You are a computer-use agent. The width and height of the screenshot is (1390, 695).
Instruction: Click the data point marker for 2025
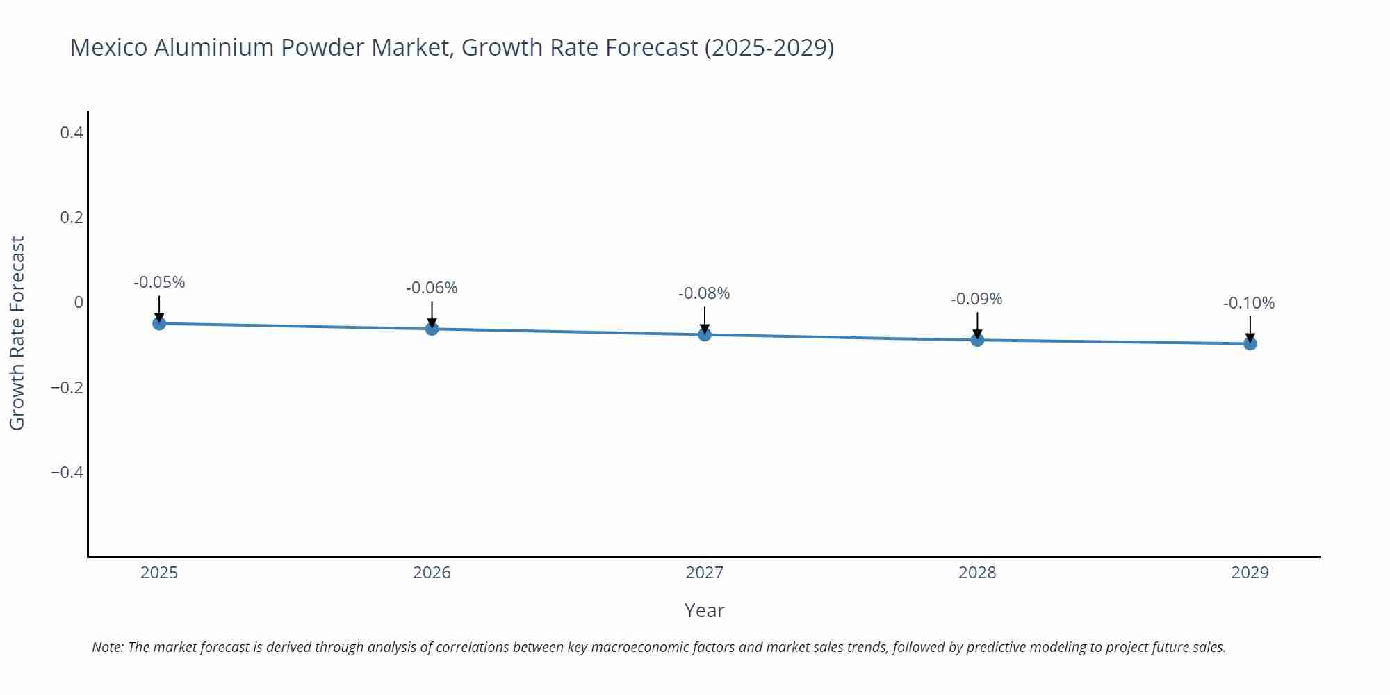point(159,323)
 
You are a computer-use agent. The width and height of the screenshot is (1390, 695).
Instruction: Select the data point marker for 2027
point(705,334)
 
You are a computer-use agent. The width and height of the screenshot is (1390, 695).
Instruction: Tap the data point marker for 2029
point(1250,343)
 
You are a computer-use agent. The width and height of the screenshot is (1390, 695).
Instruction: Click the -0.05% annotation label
point(159,282)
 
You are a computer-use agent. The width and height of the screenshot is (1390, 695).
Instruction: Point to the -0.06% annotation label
point(432,288)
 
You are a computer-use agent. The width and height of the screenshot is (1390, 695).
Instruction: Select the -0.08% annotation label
point(704,293)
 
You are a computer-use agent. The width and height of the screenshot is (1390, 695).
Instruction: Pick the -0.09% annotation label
point(976,299)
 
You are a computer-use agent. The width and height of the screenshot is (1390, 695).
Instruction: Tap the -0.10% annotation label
point(1249,303)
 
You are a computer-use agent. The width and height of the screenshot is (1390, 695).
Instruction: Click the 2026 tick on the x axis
point(432,573)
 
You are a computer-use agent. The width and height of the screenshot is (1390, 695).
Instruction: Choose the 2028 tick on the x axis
point(977,573)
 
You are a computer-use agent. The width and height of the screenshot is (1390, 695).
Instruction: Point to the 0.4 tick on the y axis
point(72,132)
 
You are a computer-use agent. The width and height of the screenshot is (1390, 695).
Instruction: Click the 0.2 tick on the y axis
point(72,218)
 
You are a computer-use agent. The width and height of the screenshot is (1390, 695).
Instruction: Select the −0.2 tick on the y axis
point(67,388)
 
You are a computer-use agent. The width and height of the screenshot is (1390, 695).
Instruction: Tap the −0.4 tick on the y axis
point(67,473)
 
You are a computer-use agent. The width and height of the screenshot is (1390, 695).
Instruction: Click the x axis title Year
point(704,610)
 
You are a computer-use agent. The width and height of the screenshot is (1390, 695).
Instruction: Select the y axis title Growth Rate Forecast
point(17,334)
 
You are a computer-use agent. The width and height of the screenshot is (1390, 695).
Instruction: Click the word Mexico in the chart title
point(108,47)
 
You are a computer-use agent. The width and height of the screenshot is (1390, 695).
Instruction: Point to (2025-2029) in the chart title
point(769,47)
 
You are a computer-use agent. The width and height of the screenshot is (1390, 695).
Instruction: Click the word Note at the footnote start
point(107,647)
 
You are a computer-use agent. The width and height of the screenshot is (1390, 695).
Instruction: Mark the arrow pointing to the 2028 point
point(977,325)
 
